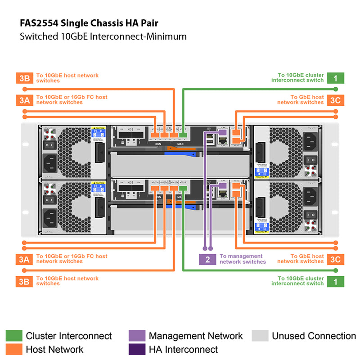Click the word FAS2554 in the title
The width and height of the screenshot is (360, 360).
click(x=40, y=22)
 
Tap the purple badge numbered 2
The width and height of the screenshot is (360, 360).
click(x=207, y=259)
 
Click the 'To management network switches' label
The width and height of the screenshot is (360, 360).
click(x=243, y=259)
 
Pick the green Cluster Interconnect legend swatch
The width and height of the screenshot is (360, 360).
click(x=13, y=336)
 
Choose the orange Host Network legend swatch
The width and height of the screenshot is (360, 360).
click(x=13, y=349)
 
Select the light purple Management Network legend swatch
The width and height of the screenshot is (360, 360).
click(x=137, y=336)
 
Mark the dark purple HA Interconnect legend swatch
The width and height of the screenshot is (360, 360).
click(x=137, y=349)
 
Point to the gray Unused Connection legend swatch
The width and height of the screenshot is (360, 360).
click(x=260, y=336)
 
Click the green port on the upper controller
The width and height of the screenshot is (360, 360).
click(x=183, y=134)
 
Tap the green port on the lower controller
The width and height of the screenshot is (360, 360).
click(x=183, y=189)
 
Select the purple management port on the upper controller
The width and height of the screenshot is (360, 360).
click(x=221, y=132)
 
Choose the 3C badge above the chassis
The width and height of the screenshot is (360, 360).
click(x=336, y=100)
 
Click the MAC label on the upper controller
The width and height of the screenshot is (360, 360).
click(x=180, y=144)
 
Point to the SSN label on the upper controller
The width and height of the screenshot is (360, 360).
click(x=158, y=144)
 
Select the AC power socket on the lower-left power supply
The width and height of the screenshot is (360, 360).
click(x=49, y=216)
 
